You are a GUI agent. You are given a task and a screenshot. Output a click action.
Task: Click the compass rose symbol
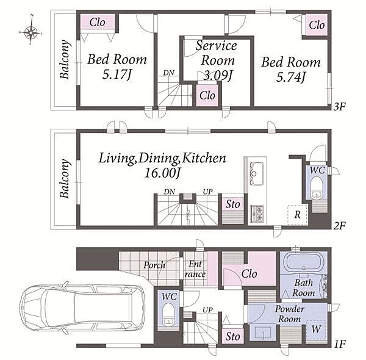[30, 32]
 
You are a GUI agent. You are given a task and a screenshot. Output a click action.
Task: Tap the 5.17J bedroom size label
[117, 75]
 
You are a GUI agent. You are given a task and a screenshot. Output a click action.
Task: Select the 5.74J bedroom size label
[291, 77]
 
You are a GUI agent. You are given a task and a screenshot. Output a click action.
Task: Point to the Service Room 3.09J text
[217, 60]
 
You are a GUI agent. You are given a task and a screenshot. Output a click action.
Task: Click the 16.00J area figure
[162, 173]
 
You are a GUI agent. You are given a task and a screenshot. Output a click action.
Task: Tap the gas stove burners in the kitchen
[257, 214]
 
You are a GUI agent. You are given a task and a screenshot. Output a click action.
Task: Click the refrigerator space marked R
[297, 214]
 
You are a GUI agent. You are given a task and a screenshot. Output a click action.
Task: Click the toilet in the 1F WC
[168, 315]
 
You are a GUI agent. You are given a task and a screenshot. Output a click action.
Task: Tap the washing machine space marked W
[316, 329]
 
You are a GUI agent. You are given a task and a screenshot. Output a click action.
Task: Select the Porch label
[154, 265]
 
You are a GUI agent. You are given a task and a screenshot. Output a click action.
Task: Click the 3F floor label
[339, 107]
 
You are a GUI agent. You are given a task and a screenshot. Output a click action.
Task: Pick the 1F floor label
[339, 344]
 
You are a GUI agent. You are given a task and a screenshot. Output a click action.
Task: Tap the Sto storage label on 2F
[232, 204]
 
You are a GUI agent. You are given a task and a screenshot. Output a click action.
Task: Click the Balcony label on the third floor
[65, 59]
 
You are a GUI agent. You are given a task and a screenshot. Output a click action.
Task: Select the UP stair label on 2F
[207, 192]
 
